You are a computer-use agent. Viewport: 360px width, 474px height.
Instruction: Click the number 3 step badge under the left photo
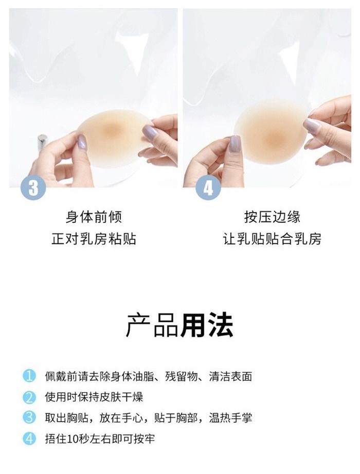click(33, 187)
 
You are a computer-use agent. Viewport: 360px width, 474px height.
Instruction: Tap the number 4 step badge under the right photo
click(208, 187)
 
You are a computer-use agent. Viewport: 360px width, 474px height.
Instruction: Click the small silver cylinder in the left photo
click(42, 142)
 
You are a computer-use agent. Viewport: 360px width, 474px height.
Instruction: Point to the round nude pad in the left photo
click(114, 138)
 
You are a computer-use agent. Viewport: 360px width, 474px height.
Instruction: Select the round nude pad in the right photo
click(271, 132)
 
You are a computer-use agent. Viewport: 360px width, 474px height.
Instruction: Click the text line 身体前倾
click(94, 217)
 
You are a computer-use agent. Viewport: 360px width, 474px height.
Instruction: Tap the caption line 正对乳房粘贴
click(94, 239)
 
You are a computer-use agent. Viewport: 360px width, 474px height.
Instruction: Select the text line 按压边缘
click(272, 217)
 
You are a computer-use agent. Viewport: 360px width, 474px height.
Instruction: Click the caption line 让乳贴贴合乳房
click(272, 239)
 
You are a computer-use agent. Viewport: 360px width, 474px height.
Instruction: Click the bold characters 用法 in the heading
click(207, 325)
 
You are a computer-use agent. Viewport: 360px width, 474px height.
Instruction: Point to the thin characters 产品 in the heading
click(153, 325)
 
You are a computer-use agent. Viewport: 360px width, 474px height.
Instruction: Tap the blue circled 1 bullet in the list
click(29, 376)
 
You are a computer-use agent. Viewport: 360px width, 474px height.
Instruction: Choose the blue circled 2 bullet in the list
click(29, 397)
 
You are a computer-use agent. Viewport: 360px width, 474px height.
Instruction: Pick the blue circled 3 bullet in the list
click(29, 417)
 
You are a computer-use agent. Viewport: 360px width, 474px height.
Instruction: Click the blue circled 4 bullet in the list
click(29, 438)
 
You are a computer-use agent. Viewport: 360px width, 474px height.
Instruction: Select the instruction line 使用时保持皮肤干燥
click(94, 397)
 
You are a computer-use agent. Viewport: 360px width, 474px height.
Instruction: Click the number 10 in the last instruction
click(73, 438)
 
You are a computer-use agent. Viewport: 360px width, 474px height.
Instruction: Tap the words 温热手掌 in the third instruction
click(230, 418)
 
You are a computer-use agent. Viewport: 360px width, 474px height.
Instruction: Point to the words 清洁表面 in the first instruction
click(230, 376)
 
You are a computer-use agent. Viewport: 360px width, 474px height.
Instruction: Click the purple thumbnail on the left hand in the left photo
click(82, 143)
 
